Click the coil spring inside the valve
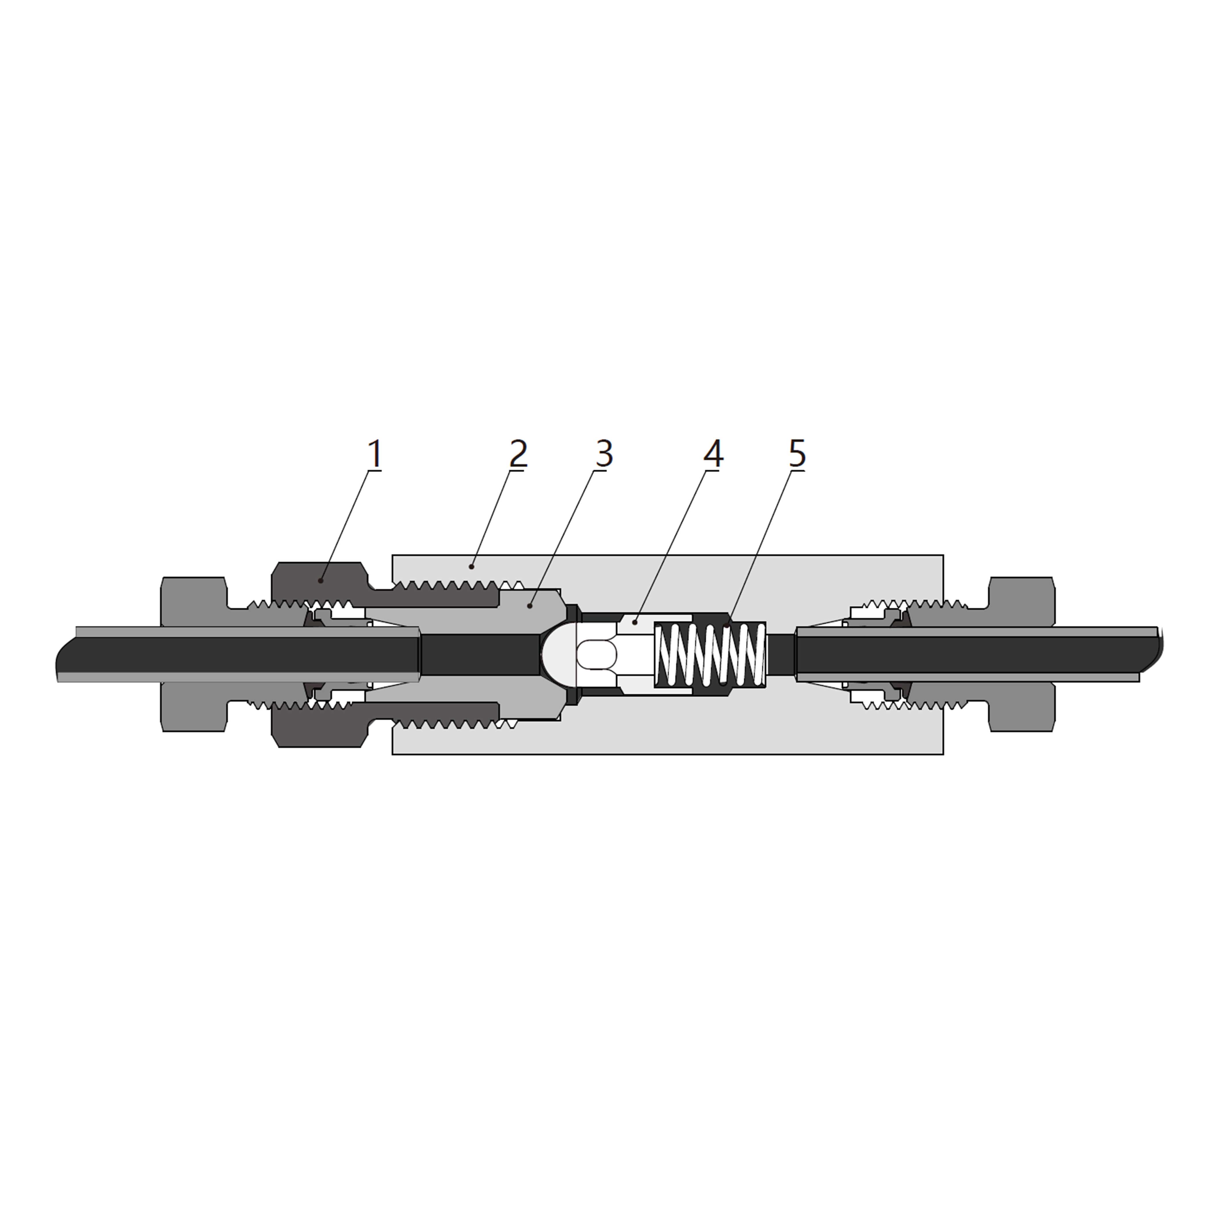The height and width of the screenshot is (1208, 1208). click(710, 655)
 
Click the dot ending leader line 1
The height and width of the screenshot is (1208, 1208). click(321, 581)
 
